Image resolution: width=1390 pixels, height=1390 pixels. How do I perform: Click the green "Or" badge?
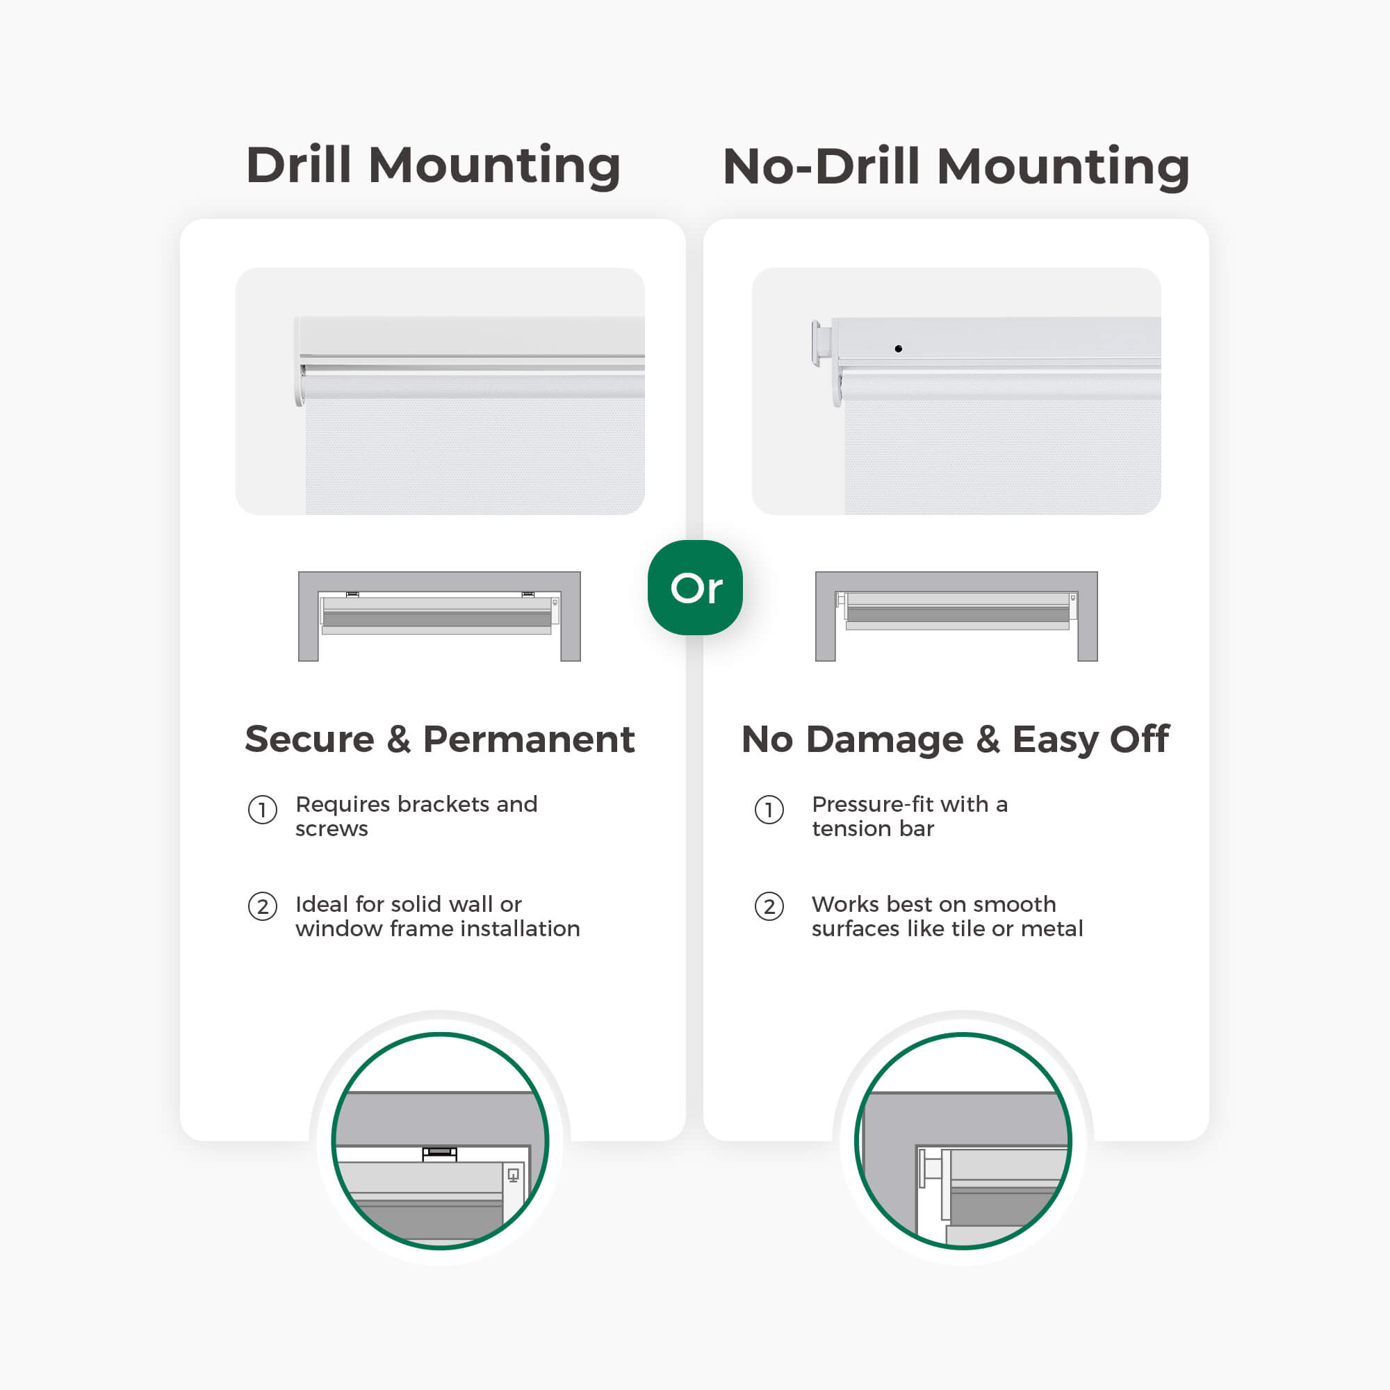coord(695,587)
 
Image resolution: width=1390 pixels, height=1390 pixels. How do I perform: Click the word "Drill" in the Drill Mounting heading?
coord(299,165)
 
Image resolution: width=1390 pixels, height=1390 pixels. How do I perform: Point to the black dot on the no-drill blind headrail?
coord(898,349)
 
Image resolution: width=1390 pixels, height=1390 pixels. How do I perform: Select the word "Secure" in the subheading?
coord(309,739)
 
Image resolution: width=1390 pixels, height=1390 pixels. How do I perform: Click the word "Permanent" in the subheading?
coord(529,739)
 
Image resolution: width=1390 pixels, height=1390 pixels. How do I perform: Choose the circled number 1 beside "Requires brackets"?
coord(263,810)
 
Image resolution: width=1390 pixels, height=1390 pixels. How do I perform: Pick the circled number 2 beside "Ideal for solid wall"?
coord(263,906)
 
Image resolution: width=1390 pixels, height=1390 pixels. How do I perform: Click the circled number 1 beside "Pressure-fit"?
coord(769,810)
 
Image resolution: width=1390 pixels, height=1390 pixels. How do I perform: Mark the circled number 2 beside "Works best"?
coord(769,906)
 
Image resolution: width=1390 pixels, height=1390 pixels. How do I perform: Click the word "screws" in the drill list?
coord(332,830)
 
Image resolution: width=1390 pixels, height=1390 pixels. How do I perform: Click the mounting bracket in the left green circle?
coord(440,1154)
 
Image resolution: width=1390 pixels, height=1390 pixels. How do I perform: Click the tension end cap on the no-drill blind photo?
coord(821,344)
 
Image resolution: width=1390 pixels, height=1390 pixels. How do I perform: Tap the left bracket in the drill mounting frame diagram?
coord(352,594)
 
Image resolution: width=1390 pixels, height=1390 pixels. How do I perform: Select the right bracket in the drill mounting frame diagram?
coord(528,594)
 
